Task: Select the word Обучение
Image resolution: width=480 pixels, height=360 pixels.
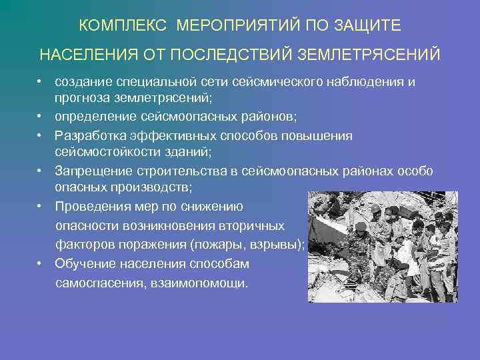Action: (x=85, y=263)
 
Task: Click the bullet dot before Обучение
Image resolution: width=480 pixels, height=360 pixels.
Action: (x=41, y=263)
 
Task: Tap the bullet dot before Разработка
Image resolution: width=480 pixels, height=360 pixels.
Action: (x=41, y=135)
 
